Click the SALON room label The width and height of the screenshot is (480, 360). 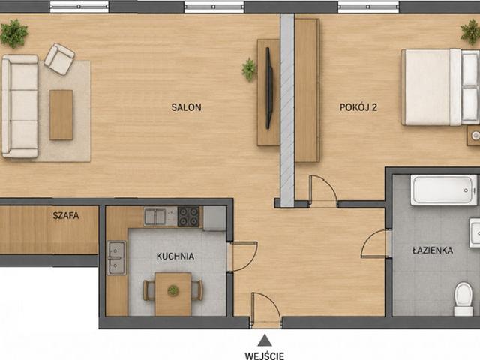coord(186,107)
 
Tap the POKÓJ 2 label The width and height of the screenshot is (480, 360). coord(358,107)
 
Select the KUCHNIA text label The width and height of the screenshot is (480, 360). coord(175,256)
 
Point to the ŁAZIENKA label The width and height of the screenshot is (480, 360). coord(433,250)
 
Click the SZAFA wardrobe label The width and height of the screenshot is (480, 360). coord(66,215)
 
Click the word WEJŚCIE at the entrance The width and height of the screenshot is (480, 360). coord(265,356)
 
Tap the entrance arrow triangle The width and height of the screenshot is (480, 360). coord(265,340)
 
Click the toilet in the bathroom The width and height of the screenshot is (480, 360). coord(463,298)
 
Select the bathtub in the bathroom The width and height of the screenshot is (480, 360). coord(444,190)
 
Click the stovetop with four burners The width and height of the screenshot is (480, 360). coord(188,217)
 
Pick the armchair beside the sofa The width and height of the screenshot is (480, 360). coord(59,59)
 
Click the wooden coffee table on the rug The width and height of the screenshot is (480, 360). coord(61,115)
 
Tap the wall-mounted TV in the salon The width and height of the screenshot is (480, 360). coord(268,88)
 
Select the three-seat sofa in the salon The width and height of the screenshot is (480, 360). coord(20,106)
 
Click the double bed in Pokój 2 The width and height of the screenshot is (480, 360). coord(440,87)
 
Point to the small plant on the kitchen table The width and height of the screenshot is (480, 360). coord(173,290)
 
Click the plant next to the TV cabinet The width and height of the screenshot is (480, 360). coord(249,70)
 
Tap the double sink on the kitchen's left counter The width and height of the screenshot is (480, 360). coord(117,258)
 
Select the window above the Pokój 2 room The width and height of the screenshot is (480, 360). coord(368,7)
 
